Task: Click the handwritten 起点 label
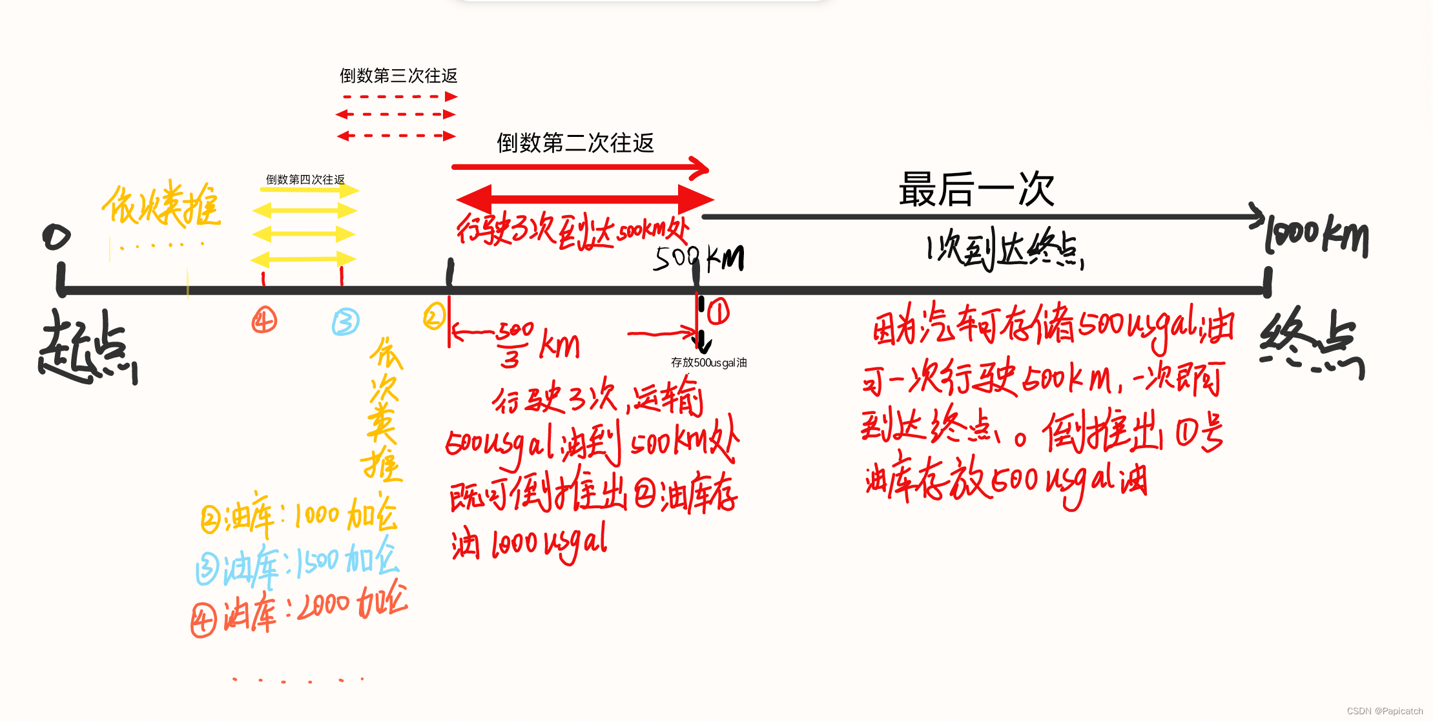[87, 347]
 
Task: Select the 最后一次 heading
[976, 189]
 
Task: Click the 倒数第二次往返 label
[575, 143]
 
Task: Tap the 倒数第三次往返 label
[398, 76]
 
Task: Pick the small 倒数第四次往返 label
[305, 180]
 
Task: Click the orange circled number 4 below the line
[264, 320]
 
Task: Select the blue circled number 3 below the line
[345, 322]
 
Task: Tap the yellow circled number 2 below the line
[434, 316]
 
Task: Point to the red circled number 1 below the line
[718, 312]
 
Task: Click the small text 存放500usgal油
[708, 363]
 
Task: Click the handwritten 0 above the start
[56, 237]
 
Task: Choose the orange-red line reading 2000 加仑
[299, 610]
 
